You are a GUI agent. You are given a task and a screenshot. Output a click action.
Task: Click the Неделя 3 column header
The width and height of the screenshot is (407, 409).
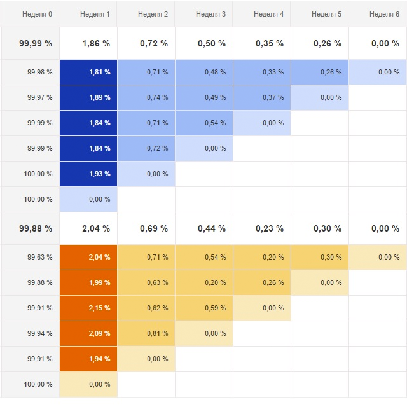coord(210,14)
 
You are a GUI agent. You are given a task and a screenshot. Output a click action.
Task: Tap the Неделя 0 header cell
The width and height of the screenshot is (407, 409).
coord(36,14)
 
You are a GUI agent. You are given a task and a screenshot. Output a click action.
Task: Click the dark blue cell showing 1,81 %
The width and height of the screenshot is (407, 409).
coord(88,72)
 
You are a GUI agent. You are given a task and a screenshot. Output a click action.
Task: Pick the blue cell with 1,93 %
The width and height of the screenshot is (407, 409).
coord(88,174)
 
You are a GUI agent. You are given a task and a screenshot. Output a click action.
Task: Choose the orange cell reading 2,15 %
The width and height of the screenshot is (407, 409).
coord(88,308)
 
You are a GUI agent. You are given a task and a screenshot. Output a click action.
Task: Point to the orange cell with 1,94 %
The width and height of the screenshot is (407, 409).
coord(88,359)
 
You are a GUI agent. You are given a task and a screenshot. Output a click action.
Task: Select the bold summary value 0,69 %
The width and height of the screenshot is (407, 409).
coord(153,228)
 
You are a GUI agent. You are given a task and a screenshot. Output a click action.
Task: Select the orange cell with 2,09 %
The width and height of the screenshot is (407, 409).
coord(88,333)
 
